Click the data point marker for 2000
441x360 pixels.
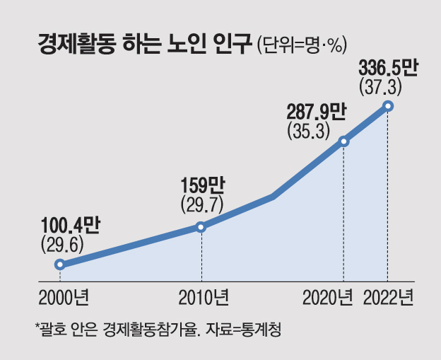coord(60,265)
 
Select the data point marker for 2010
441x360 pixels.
coord(201,227)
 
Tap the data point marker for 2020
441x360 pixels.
coord(344,141)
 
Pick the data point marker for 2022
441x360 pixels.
coord(387,106)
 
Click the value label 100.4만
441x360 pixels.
coord(71,226)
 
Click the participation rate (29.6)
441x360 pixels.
coord(62,245)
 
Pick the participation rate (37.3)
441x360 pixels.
coord(381,88)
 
